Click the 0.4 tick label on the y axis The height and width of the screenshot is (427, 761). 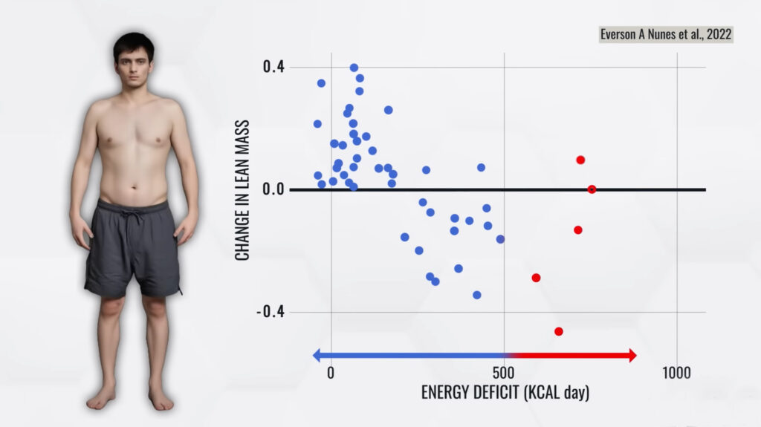273,67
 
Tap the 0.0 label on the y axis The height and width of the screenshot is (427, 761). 273,189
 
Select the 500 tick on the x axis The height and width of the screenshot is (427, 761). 505,372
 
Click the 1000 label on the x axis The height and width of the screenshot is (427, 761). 677,372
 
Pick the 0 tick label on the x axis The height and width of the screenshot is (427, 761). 331,372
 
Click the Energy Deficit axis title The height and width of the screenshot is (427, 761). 505,392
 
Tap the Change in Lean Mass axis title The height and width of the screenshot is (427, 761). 242,189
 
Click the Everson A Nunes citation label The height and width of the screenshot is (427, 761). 666,34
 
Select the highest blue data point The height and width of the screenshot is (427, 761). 354,68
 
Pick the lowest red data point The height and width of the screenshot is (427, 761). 559,331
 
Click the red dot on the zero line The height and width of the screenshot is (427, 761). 592,189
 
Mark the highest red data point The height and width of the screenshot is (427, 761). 580,160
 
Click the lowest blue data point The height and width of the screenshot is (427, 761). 477,295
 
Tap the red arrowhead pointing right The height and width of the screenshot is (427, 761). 632,355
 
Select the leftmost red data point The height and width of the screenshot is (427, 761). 536,278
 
